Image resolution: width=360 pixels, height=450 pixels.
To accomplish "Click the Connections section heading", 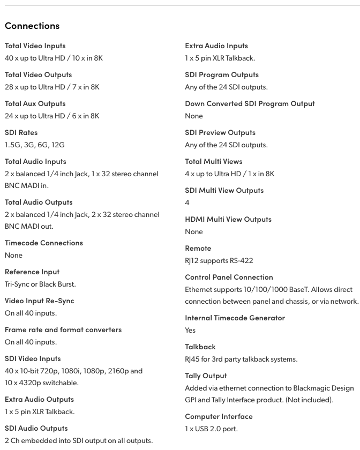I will pyautogui.click(x=32, y=26).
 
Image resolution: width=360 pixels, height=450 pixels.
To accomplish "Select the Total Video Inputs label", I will pyautogui.click(x=35, y=46).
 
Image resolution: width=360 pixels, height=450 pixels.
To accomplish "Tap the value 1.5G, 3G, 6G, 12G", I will pyautogui.click(x=35, y=145).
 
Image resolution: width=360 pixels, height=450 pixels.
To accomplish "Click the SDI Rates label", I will pyautogui.click(x=21, y=132).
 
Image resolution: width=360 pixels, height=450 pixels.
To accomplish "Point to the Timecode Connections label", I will pyautogui.click(x=44, y=243).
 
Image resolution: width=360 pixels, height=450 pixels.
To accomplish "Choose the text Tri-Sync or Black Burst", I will pyautogui.click(x=40, y=284).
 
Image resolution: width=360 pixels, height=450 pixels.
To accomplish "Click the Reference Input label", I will pyautogui.click(x=32, y=272).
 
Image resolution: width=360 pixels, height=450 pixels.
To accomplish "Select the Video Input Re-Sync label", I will pyautogui.click(x=40, y=301).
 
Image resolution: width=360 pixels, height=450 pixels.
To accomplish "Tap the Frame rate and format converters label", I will pyautogui.click(x=63, y=329).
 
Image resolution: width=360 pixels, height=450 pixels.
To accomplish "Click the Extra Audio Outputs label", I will pyautogui.click(x=39, y=399).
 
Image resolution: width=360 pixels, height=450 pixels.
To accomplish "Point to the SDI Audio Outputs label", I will pyautogui.click(x=36, y=428).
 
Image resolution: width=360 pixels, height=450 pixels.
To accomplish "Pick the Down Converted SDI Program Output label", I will pyautogui.click(x=250, y=103).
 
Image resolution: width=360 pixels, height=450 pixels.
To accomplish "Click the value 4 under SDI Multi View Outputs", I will pyautogui.click(x=187, y=202).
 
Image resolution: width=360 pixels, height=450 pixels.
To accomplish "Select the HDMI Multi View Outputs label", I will pyautogui.click(x=228, y=219).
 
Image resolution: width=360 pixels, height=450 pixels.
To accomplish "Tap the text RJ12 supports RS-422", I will pyautogui.click(x=219, y=260).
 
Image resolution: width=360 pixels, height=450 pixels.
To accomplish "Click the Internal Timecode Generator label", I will pyautogui.click(x=235, y=318).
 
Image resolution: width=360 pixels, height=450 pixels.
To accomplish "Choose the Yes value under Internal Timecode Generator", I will pyautogui.click(x=190, y=330).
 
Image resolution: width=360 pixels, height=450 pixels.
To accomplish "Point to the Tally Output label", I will pyautogui.click(x=206, y=376).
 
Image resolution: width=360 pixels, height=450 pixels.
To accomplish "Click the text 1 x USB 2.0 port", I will pyautogui.click(x=211, y=429).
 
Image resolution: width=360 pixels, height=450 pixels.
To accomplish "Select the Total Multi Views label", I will pyautogui.click(x=213, y=161).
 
